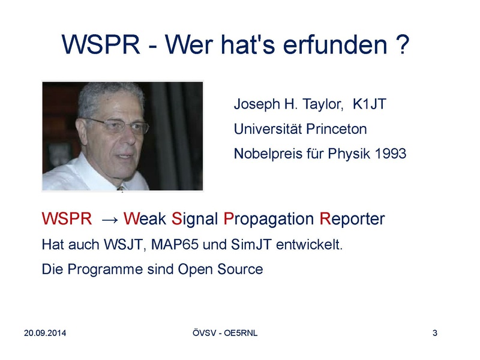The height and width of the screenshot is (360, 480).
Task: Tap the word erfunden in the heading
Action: point(335,44)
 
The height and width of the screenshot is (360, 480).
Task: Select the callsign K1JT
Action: point(370,104)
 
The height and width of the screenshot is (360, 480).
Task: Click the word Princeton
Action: point(337,129)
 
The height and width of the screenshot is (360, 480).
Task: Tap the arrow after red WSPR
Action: point(110,220)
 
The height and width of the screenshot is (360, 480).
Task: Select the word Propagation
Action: point(269,219)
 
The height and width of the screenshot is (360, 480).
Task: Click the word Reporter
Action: point(352,219)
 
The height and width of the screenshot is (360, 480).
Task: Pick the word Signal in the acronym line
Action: point(194,219)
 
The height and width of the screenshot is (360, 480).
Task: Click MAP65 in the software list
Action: point(175,245)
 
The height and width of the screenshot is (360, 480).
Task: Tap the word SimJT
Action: point(251,245)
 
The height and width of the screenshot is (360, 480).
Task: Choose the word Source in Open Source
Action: point(240,269)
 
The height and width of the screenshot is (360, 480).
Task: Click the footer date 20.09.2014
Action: point(45,333)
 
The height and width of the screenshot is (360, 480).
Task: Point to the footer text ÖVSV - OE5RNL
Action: point(225,333)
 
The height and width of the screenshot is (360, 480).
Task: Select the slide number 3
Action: point(434,333)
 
